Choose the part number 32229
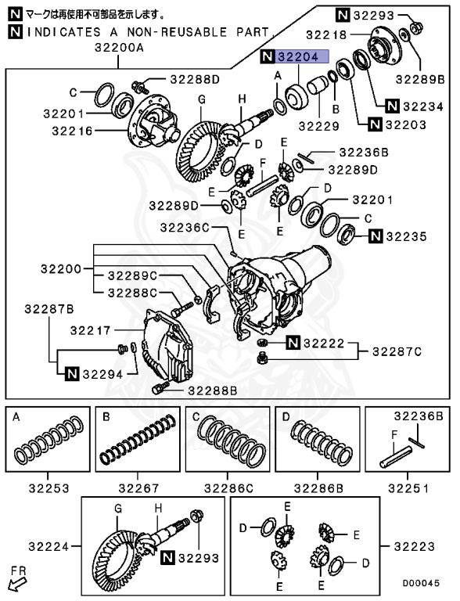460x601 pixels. [x=317, y=125]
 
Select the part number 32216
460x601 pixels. [x=74, y=131]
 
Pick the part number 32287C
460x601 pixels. [x=397, y=351]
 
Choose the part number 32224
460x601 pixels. [x=49, y=545]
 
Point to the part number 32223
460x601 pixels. [x=415, y=545]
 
